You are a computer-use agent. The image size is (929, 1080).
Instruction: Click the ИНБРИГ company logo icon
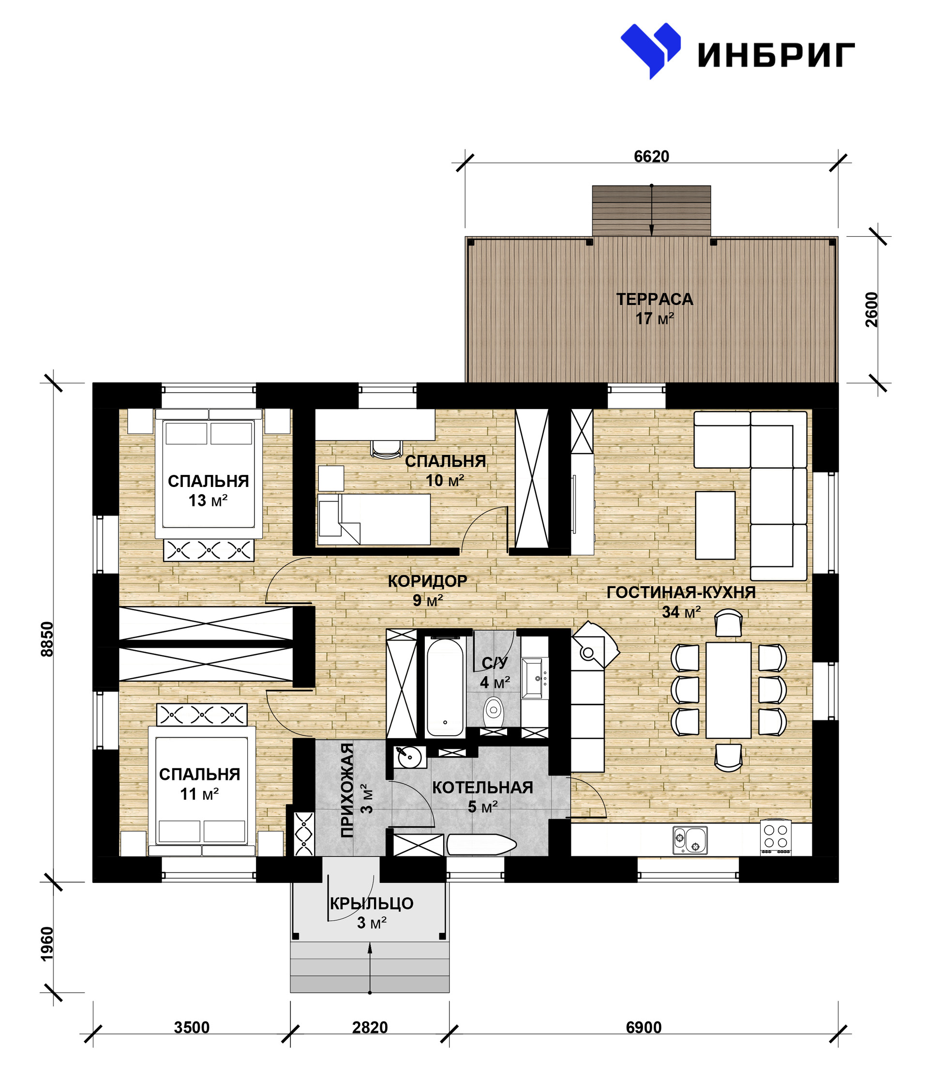(x=650, y=50)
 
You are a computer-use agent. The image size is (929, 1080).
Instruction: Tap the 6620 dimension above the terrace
(x=651, y=156)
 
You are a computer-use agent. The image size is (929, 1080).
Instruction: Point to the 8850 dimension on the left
(x=47, y=639)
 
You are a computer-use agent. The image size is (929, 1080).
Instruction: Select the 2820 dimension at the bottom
(x=370, y=1027)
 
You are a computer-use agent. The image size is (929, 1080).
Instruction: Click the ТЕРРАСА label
(x=655, y=299)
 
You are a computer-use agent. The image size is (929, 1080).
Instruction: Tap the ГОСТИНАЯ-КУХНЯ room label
(x=681, y=593)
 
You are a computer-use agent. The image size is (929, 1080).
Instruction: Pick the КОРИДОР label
(x=427, y=580)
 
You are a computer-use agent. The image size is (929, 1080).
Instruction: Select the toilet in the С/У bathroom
(x=494, y=712)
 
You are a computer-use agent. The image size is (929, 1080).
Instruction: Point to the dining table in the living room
(x=728, y=690)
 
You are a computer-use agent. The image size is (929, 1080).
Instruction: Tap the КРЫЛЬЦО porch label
(x=372, y=903)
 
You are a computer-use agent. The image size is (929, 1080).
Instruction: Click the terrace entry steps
(x=651, y=211)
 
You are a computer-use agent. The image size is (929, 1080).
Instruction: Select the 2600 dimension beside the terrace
(x=871, y=310)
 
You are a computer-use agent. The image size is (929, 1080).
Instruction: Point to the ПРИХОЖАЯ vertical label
(x=347, y=790)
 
